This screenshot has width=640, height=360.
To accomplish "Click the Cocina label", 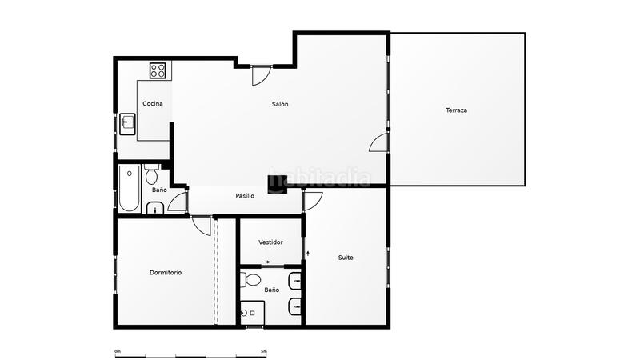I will [153, 104].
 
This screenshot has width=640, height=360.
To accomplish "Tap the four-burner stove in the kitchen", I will [158, 70].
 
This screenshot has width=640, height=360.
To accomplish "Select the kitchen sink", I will [128, 123].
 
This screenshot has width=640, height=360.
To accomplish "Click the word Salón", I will [280, 104].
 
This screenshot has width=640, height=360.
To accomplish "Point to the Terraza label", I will [456, 110].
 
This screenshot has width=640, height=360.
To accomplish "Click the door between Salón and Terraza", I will [379, 142].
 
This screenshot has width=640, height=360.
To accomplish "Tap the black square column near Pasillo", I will [277, 183].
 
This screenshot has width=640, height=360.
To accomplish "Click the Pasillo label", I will [245, 196].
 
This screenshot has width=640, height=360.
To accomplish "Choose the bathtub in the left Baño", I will [129, 188].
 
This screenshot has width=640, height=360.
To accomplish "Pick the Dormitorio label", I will [166, 273].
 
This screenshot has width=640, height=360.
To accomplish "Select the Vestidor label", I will [270, 242].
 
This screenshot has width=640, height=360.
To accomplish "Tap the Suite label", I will [346, 258].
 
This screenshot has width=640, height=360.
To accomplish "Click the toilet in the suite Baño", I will [250, 279].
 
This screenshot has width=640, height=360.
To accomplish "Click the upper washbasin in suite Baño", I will [295, 280].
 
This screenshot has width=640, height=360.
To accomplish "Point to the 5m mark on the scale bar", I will [263, 351].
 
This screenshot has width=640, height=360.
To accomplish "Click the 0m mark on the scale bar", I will [117, 351].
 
